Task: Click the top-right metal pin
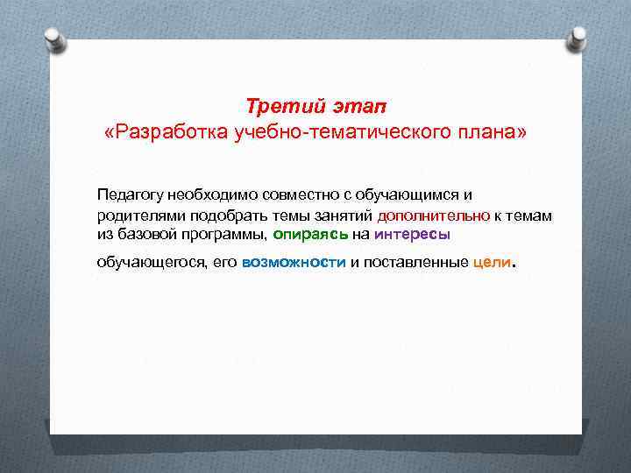point(578,38)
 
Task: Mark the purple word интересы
point(412,234)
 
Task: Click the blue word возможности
point(294,263)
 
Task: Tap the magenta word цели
point(491,263)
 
